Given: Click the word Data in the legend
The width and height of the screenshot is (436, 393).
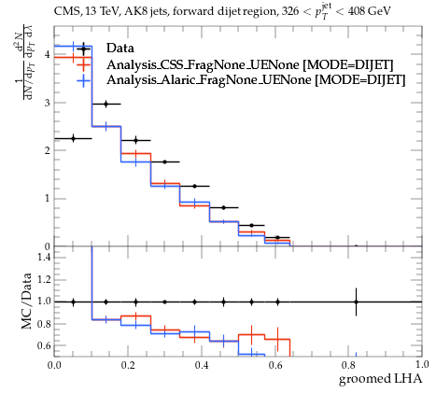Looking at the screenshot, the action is click(120, 49).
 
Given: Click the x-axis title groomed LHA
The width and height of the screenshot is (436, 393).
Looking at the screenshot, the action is click(380, 379).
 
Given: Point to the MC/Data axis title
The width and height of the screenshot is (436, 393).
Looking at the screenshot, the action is click(27, 301).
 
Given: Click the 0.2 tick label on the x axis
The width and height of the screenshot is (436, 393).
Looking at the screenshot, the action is click(128, 365).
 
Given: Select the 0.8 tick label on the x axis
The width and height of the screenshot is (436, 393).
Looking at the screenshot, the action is click(348, 365).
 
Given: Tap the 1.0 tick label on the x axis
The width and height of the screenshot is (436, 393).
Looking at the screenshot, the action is click(422, 364).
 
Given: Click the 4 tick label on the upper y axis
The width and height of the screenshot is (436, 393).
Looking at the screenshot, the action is click(47, 54).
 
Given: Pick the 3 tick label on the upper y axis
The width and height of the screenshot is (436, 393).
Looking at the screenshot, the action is click(47, 103).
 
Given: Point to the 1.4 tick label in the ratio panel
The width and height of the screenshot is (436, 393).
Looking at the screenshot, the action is click(44, 257).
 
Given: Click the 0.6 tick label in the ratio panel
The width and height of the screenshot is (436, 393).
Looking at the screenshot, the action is click(44, 345).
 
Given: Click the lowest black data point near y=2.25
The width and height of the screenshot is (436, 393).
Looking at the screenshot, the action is click(74, 138).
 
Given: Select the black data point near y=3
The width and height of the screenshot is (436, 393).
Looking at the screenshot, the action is click(106, 104).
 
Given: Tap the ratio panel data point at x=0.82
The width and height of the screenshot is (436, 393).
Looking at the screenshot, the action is click(356, 302).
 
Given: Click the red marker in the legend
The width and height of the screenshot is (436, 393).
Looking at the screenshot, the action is click(83, 64).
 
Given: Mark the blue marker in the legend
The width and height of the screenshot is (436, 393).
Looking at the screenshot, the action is click(83, 80).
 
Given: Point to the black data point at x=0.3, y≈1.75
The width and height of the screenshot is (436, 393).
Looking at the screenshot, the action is click(165, 161).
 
